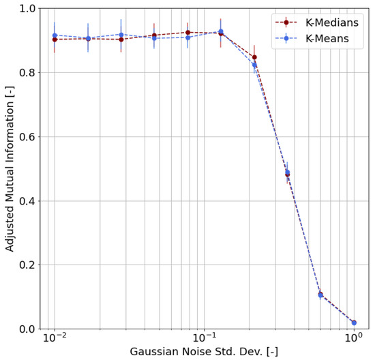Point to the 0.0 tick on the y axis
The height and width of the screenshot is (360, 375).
[26, 329]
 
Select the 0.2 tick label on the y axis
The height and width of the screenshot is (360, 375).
[26, 265]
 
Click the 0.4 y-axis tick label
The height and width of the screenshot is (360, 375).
[26, 200]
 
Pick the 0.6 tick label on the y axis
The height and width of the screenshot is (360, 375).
[26, 136]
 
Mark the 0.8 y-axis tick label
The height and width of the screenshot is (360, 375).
[26, 72]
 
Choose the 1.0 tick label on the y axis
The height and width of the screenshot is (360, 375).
[26, 9]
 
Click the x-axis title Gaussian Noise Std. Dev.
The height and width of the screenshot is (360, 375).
[204, 352]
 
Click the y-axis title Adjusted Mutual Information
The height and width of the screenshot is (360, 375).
[10, 168]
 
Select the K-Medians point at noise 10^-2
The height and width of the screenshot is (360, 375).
[55, 40]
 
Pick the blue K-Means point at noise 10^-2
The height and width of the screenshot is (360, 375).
[55, 35]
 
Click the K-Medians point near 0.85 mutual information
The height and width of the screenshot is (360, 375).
[254, 57]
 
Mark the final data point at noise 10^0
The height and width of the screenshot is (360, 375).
[353, 322]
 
